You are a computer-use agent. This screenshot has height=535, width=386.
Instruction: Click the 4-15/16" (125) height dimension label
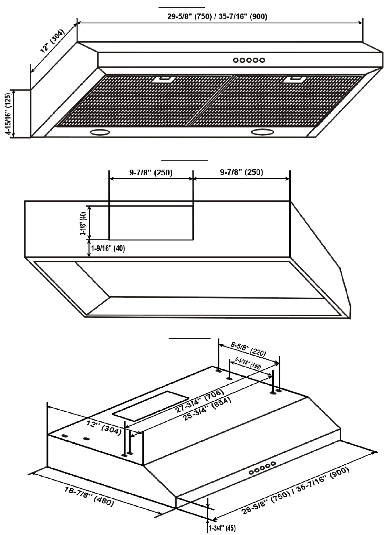pyautogui.click(x=8, y=114)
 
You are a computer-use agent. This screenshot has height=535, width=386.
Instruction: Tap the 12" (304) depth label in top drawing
pyautogui.click(x=52, y=41)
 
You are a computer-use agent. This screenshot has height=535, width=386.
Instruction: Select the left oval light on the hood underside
pyautogui.click(x=100, y=132)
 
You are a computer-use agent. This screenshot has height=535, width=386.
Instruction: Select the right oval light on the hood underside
pyautogui.click(x=261, y=132)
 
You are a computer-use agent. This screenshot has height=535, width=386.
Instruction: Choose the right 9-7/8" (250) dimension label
pyautogui.click(x=242, y=172)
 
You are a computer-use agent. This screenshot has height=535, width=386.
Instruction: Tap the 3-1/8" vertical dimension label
pyautogui.click(x=84, y=223)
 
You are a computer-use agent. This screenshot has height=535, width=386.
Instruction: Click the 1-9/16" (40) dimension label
pyautogui.click(x=108, y=249)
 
